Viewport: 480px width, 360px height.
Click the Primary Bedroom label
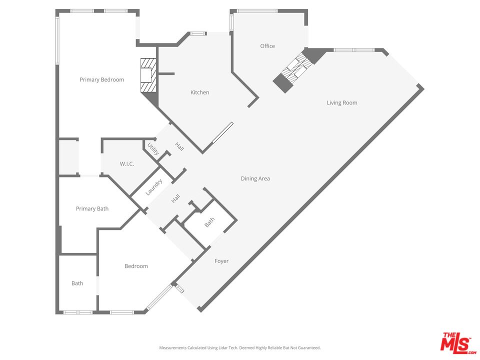pos(102,79)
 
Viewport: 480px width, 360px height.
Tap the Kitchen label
pos(199,92)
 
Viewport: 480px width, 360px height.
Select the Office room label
pos(267,46)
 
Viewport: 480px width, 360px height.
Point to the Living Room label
pos(342,103)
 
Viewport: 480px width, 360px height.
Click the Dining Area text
pos(255,178)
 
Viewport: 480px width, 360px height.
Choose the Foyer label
pos(221,261)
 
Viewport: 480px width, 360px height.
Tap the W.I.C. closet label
pos(127,164)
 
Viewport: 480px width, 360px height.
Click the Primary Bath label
pos(92,208)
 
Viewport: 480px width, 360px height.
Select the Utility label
pos(152,149)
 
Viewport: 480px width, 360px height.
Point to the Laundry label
pos(154,187)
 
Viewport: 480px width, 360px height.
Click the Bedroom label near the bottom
pos(136,266)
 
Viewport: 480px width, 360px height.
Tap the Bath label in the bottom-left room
pos(77,283)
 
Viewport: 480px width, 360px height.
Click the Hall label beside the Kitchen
pos(179,146)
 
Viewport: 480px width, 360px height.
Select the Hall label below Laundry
pos(175,198)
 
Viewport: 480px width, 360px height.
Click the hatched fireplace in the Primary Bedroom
pos(148,75)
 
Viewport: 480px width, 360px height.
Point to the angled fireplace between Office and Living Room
pos(295,70)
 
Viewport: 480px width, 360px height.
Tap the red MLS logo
pos(456,342)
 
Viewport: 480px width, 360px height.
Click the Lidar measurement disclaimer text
pos(240,347)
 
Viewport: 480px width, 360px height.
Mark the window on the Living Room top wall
pos(353,50)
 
